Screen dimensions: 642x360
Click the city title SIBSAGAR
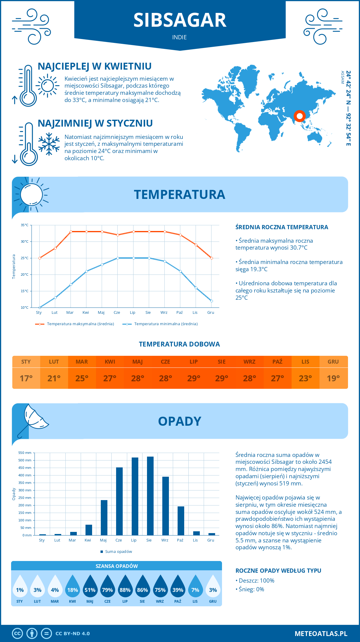coord(180,20)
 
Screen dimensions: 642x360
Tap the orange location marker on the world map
coord(299,116)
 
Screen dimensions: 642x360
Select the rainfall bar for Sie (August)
coord(150,496)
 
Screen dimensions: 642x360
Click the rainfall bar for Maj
coord(104,517)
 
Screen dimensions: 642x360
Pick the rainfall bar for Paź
coord(181,521)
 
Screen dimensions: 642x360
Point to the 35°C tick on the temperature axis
coord(25,225)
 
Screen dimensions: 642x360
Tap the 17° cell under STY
coord(26,378)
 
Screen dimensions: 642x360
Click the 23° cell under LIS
coord(305,378)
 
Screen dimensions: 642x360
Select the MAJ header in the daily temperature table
coord(138,362)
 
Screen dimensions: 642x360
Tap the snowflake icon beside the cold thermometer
coord(49,144)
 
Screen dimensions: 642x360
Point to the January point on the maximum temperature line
coord(40,258)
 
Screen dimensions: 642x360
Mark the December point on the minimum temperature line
coord(211,301)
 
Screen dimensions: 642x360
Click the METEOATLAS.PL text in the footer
coord(321,634)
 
